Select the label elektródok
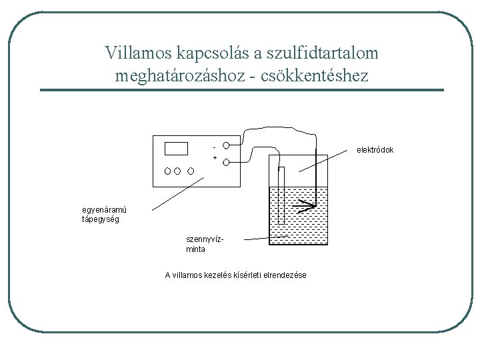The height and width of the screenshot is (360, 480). (x=375, y=149)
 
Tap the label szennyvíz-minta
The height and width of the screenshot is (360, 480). (x=204, y=245)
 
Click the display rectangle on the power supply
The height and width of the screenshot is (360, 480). (x=176, y=148)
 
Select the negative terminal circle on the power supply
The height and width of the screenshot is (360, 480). (x=227, y=145)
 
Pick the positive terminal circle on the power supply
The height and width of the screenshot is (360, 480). (x=227, y=162)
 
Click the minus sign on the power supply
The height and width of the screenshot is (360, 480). (x=213, y=145)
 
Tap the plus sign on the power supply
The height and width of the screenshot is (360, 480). (x=215, y=158)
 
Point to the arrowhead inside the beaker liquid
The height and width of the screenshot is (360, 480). (x=308, y=203)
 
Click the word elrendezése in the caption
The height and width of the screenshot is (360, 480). (x=285, y=275)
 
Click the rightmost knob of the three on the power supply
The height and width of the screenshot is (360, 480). (x=191, y=170)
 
